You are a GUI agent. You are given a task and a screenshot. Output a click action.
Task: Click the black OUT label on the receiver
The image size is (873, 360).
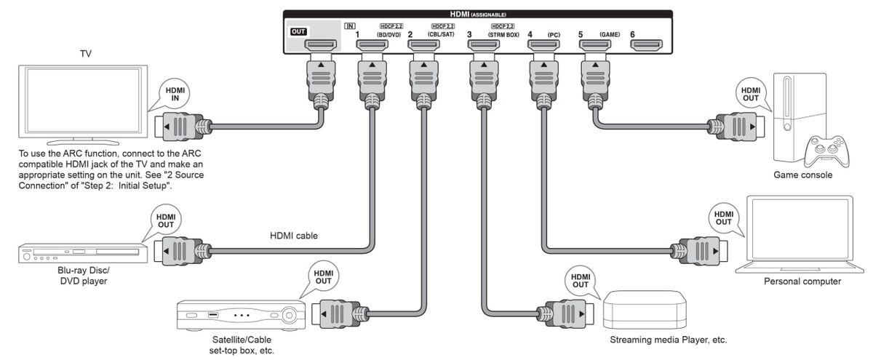coord(298,31)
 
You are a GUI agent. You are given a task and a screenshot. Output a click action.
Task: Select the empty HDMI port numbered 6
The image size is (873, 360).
coord(647,48)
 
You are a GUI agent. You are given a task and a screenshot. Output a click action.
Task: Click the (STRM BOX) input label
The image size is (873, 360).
coord(503,34)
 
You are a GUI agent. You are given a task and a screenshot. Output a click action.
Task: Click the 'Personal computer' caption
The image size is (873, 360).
coord(802,281)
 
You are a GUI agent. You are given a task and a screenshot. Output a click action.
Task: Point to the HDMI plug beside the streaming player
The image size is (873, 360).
coord(561,313)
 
